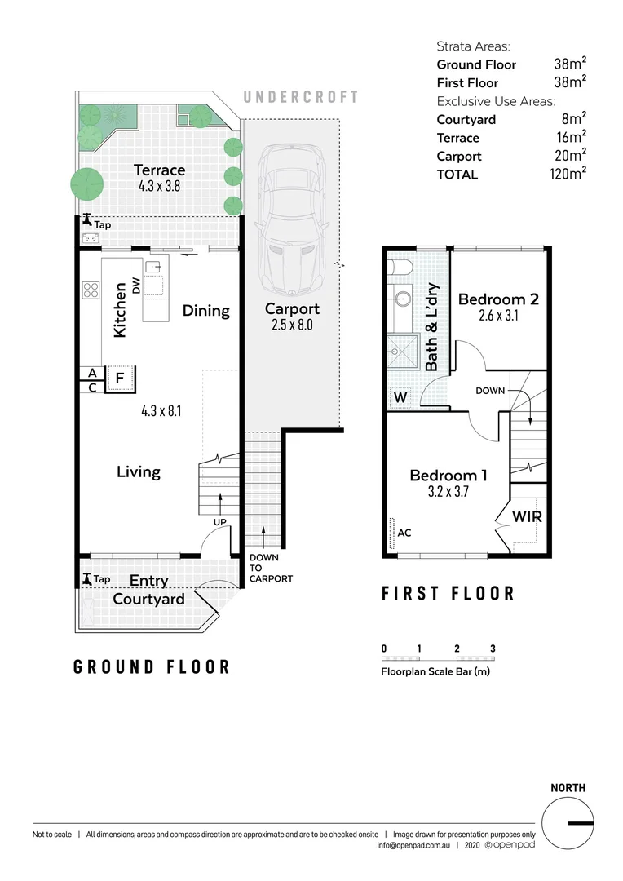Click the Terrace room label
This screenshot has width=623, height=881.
pos(160,170)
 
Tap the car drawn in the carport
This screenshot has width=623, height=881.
pos(292,219)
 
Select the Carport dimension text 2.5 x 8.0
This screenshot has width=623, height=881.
pos(292,325)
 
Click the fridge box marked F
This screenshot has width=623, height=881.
pos(119,379)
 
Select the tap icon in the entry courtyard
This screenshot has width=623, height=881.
pos(87,579)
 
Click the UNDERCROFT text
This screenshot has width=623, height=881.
pos(301,97)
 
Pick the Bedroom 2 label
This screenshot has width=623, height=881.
pos(498,299)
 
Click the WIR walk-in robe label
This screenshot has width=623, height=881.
pos(527,516)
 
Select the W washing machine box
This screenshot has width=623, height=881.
pos(400,398)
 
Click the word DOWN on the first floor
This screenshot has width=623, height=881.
pos(490,391)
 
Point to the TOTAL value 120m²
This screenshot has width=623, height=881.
pos(568,174)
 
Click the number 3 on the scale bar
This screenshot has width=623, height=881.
pos(493,649)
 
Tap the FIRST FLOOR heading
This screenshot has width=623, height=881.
pos(448,593)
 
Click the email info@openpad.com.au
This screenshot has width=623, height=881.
pos(413,846)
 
